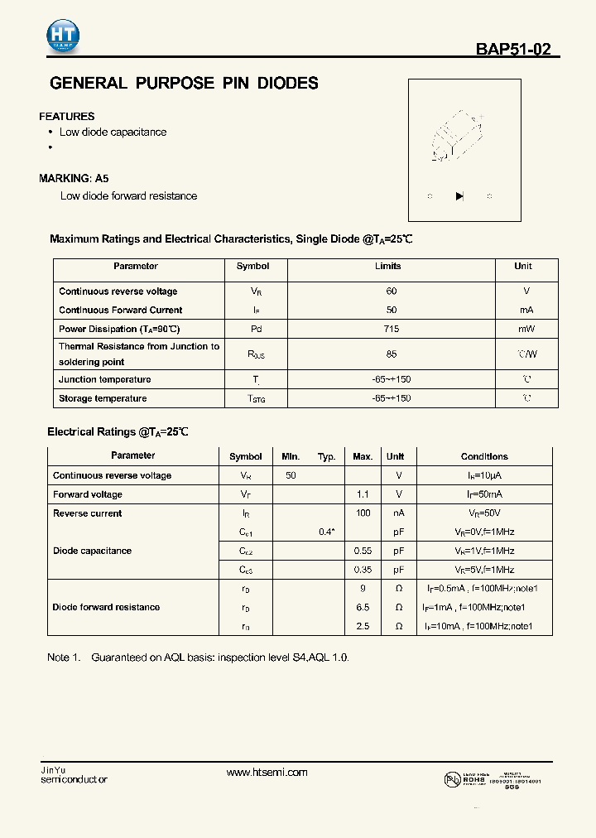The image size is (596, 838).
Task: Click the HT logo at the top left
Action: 63,34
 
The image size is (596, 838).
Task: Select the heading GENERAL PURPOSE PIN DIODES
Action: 184,84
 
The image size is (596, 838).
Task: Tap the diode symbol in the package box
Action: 459,196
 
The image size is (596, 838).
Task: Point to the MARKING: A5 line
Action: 74,178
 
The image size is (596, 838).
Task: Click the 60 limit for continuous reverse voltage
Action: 392,291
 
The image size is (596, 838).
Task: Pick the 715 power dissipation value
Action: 392,329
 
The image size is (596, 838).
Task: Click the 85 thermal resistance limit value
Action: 392,354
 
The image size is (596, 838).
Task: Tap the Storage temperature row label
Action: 103,398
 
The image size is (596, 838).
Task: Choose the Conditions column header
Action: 484,456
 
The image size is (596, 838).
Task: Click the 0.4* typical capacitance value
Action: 327,532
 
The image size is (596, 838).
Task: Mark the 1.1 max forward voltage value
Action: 363,494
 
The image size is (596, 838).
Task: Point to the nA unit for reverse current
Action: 398,513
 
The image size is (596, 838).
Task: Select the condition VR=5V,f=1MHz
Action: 484,570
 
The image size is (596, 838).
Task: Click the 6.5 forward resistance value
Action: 363,607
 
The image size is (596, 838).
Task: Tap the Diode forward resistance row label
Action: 106,607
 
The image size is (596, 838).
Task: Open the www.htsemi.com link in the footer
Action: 267,773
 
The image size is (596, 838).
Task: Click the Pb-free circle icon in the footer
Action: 451,778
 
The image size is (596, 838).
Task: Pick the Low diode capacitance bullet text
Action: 113,132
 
